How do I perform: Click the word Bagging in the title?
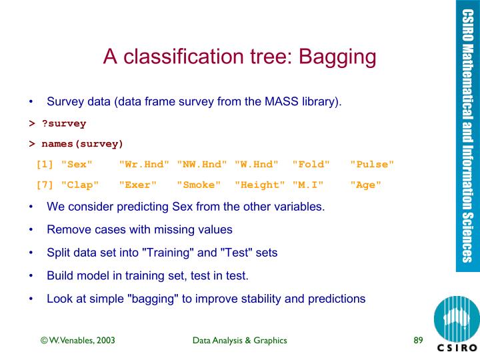[338, 57]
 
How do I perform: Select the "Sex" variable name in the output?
[76, 164]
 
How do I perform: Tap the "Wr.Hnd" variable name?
[143, 164]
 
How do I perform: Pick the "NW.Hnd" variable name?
[201, 164]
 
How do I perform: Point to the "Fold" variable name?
[311, 164]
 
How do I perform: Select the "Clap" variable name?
[79, 185]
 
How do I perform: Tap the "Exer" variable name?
[137, 185]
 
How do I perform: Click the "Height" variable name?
[259, 185]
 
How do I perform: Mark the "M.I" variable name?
[308, 185]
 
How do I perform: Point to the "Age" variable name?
[366, 185]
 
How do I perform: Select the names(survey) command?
[82, 143]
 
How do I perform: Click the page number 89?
[419, 341]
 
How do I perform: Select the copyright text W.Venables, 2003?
[78, 341]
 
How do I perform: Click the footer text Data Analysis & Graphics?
[239, 341]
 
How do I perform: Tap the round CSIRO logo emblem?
[456, 318]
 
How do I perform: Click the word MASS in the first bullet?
[281, 102]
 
